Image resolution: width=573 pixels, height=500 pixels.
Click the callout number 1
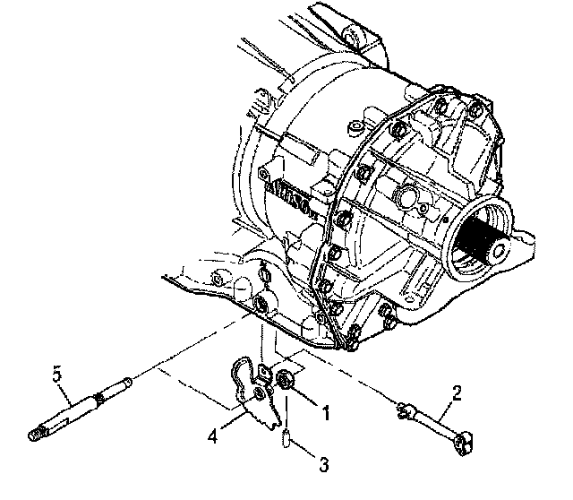tap(326, 415)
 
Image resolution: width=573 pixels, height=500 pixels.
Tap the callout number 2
tap(457, 392)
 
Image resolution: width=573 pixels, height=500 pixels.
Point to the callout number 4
tap(213, 438)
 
